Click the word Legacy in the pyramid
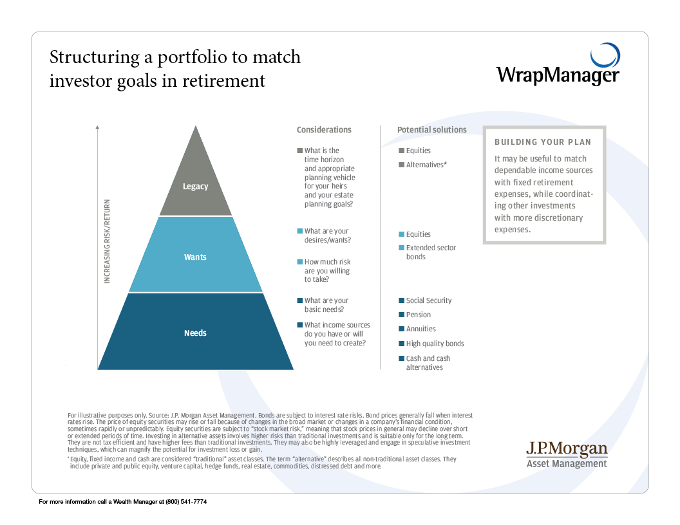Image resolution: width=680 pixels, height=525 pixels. [195, 187]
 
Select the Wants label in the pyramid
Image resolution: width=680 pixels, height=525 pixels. [195, 257]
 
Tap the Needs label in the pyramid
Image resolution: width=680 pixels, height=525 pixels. [195, 333]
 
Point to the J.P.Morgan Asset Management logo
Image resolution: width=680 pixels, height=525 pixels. [566, 454]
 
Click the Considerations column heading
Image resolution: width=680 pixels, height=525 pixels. [324, 130]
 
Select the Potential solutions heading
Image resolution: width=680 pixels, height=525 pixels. [431, 130]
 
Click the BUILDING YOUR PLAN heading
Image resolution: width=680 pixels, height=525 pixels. [542, 142]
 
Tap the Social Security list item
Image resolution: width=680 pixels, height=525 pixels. [429, 300]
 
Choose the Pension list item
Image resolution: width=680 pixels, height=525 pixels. [419, 315]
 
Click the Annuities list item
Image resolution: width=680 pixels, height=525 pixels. [421, 329]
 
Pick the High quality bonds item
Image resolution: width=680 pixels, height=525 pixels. [435, 344]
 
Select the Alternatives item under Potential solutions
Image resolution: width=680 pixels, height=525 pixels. [426, 165]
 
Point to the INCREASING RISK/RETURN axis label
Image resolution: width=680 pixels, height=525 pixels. [108, 241]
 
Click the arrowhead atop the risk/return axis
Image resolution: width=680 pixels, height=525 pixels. [97, 129]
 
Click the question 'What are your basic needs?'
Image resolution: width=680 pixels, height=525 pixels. [326, 305]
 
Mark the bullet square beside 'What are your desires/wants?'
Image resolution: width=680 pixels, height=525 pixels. [300, 232]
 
